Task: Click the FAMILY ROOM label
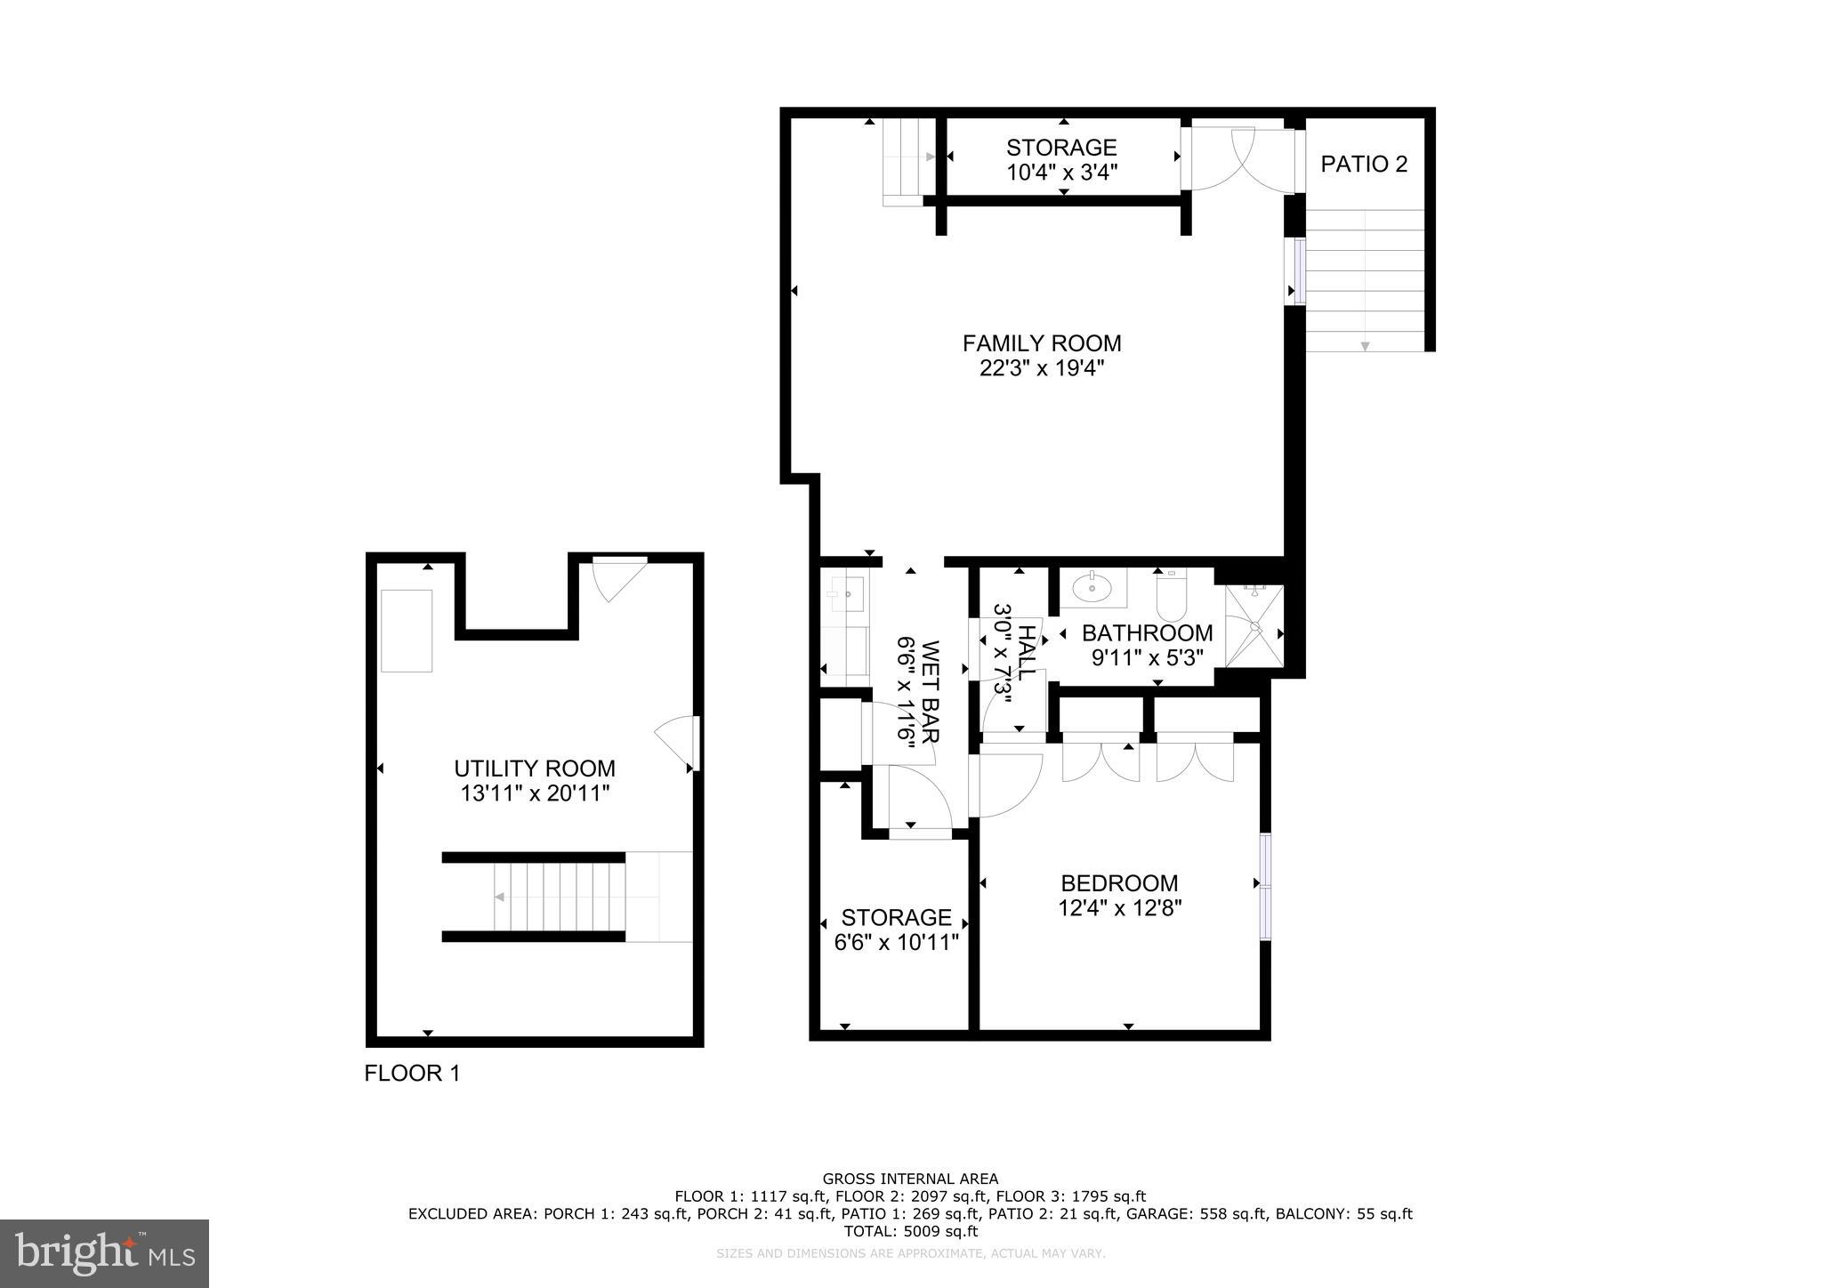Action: pyautogui.click(x=1042, y=343)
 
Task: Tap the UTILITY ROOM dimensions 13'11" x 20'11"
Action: pyautogui.click(x=535, y=793)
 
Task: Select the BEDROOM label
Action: pyautogui.click(x=1119, y=883)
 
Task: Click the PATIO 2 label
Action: pyautogui.click(x=1364, y=165)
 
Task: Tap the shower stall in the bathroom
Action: pyautogui.click(x=1254, y=626)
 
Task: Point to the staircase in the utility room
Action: pyautogui.click(x=559, y=898)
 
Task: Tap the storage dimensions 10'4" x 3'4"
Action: pyautogui.click(x=1061, y=173)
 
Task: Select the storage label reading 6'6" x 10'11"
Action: pyautogui.click(x=897, y=942)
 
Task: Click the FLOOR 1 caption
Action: pyautogui.click(x=412, y=1074)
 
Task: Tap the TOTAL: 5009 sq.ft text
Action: pyautogui.click(x=910, y=1231)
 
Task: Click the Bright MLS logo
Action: pyautogui.click(x=104, y=1253)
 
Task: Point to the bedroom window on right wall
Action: pyautogui.click(x=1265, y=886)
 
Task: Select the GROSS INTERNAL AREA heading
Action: pyautogui.click(x=910, y=1179)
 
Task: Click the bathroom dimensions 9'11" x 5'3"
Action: pyautogui.click(x=1147, y=658)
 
